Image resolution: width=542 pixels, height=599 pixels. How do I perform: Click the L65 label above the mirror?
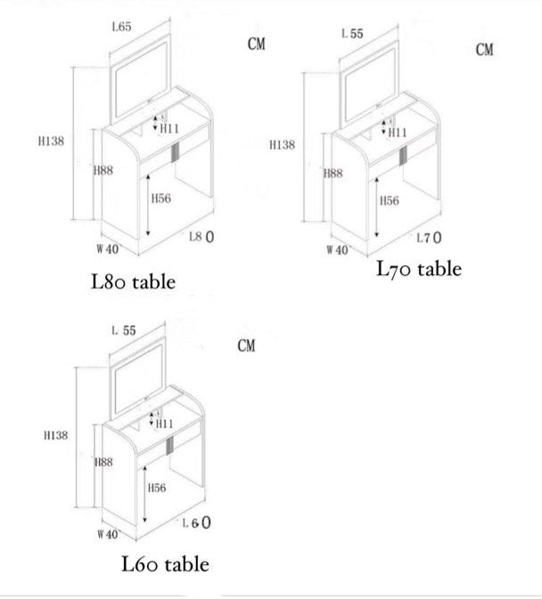tap(122, 28)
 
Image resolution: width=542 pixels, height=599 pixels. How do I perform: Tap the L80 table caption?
tap(134, 282)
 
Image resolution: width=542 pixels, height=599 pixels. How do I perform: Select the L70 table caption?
tap(419, 268)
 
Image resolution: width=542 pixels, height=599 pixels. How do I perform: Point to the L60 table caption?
tap(166, 563)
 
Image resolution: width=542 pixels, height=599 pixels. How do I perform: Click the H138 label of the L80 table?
tap(52, 141)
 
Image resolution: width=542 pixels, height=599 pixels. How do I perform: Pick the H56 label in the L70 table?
tap(390, 201)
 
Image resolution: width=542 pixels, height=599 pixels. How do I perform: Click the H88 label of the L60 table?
tap(103, 463)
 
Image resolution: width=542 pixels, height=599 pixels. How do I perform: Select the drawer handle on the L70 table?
tap(404, 156)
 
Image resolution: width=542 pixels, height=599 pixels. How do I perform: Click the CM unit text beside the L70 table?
tap(484, 51)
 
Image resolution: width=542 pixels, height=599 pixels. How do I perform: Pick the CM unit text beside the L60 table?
tap(246, 345)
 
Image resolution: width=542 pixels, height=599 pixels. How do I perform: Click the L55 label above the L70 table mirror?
tap(353, 34)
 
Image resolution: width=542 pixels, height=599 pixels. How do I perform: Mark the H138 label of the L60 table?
tap(54, 435)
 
